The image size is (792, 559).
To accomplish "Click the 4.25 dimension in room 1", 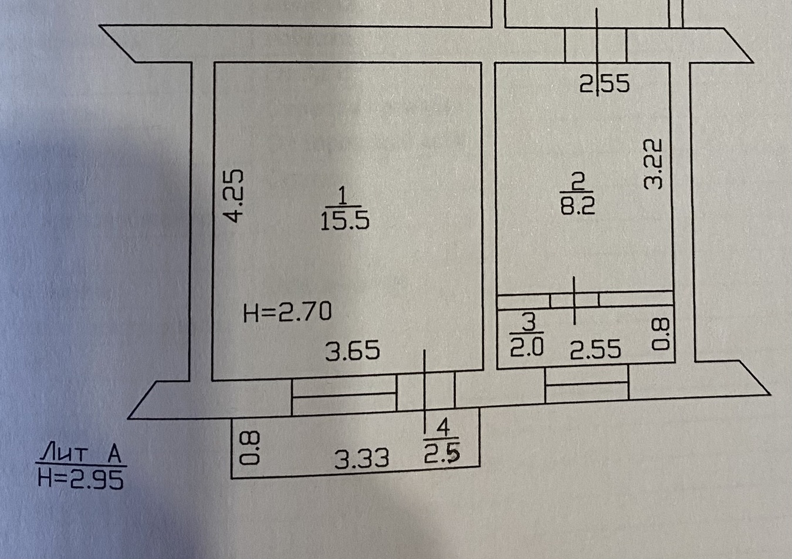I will pyautogui.click(x=235, y=196).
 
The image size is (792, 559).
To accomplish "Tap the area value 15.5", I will pyautogui.click(x=344, y=221).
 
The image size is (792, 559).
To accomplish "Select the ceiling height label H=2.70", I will pyautogui.click(x=287, y=312).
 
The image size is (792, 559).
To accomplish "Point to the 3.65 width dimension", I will pyautogui.click(x=353, y=351).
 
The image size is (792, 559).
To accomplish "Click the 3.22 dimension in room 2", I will pyautogui.click(x=653, y=164).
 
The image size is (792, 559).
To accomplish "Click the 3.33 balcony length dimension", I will pyautogui.click(x=361, y=458).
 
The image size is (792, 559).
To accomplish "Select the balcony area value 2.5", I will pyautogui.click(x=442, y=453).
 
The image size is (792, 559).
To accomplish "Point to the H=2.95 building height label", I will pyautogui.click(x=80, y=480).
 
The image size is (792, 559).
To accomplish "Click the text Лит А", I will pyautogui.click(x=80, y=453).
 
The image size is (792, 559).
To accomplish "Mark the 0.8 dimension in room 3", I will pyautogui.click(x=661, y=334).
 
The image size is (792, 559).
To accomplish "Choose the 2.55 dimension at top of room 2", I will pyautogui.click(x=604, y=84).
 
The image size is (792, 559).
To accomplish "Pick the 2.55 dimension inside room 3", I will pyautogui.click(x=595, y=350).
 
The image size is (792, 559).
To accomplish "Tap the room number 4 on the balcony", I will pyautogui.click(x=444, y=428).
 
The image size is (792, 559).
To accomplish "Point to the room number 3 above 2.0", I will pyautogui.click(x=529, y=322).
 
